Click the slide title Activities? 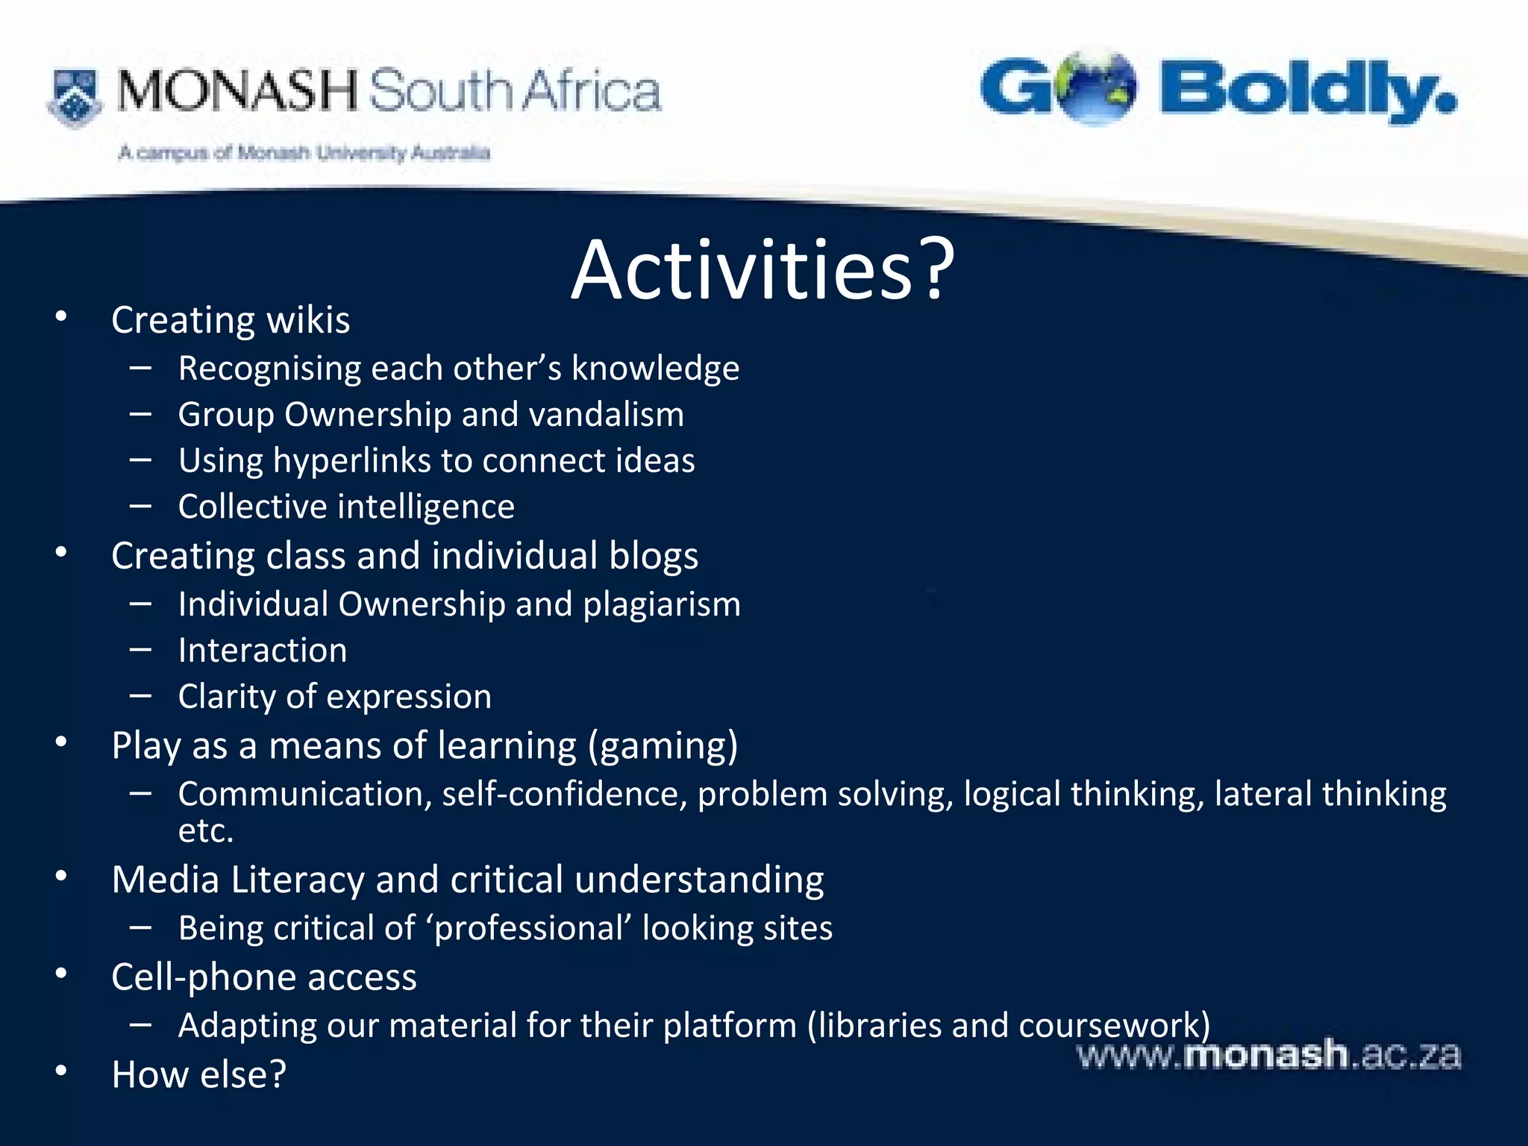[x=763, y=270]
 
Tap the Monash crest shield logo [x=75, y=97]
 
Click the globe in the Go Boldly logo [x=1098, y=87]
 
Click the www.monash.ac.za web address [x=1268, y=1055]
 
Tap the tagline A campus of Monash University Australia [x=304, y=153]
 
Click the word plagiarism [x=662, y=604]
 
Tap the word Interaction [x=263, y=651]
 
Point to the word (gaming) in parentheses [x=663, y=745]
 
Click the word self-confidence [x=564, y=794]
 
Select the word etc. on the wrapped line [x=206, y=831]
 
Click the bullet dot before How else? [x=61, y=1071]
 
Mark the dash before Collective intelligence [x=140, y=507]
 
